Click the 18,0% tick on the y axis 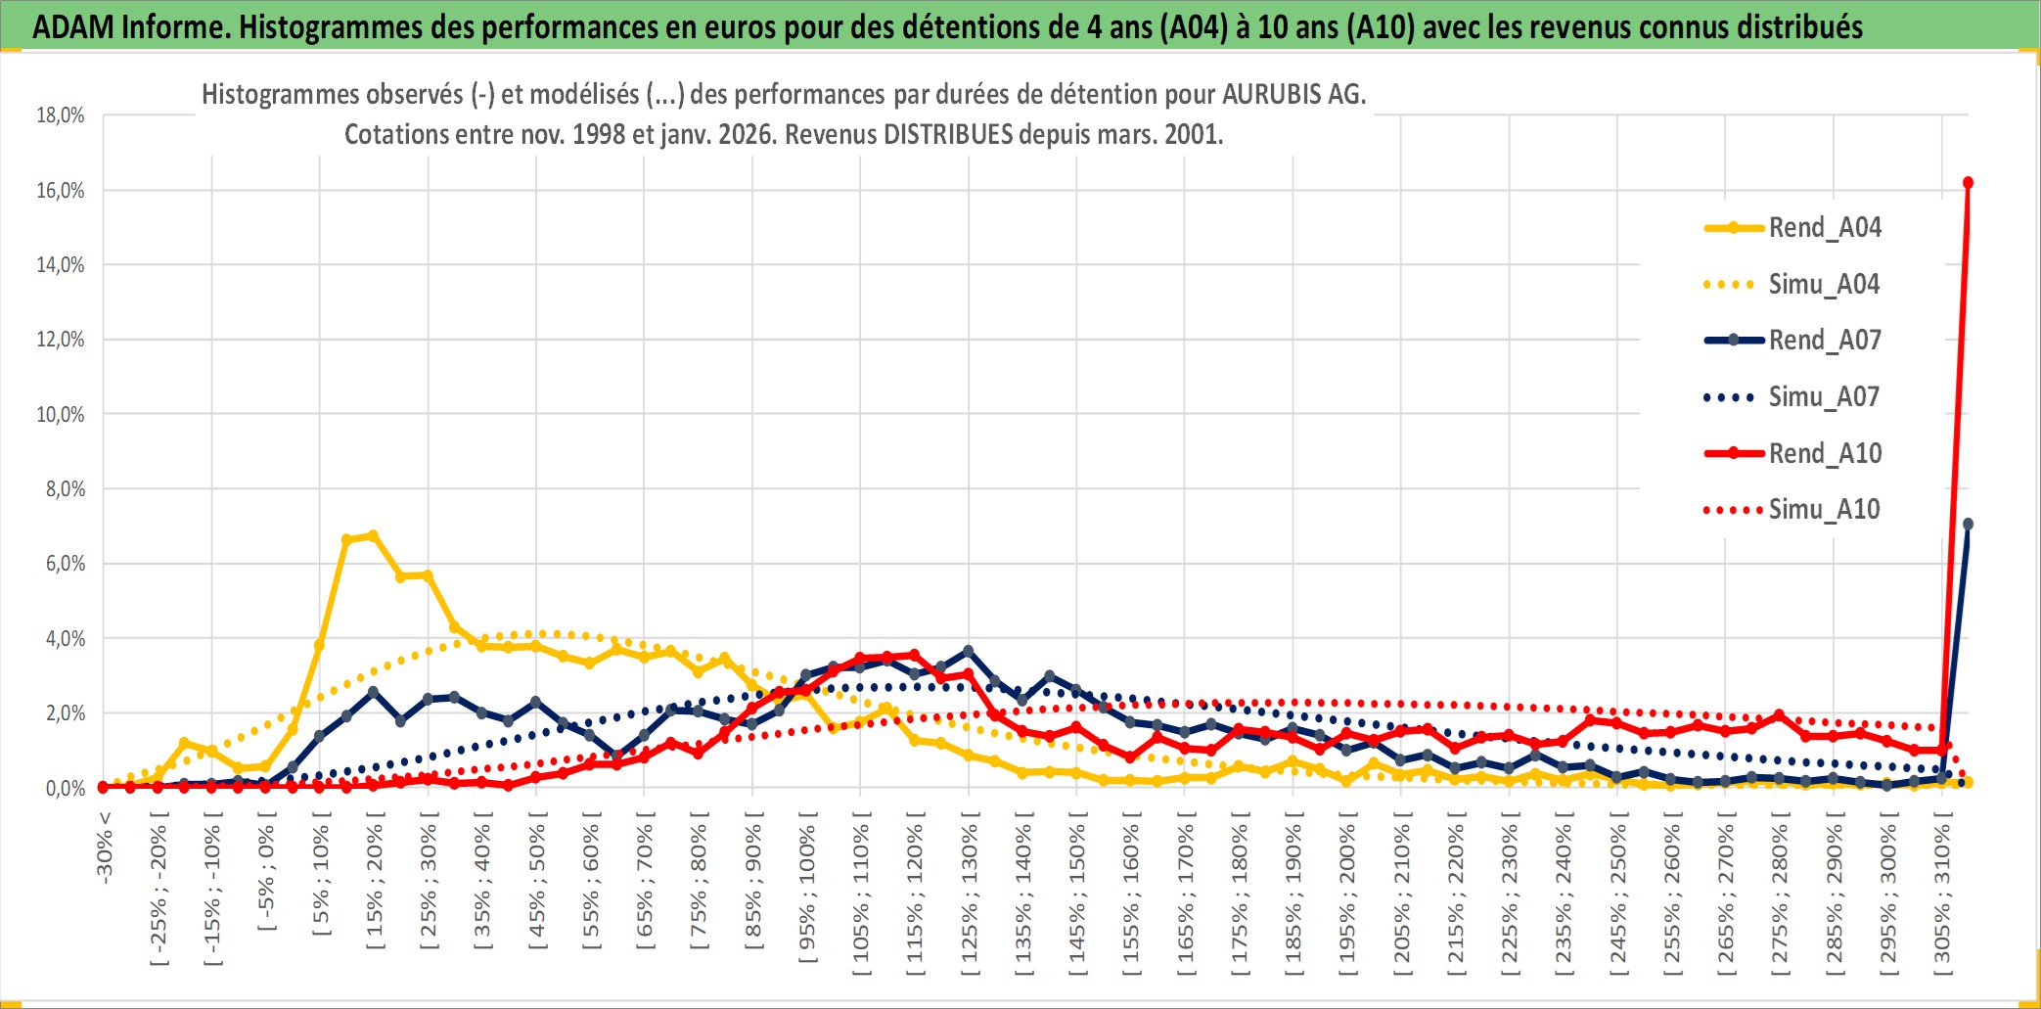click(61, 115)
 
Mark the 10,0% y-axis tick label click(61, 415)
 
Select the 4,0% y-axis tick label click(65, 639)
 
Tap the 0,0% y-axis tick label click(65, 789)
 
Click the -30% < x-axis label click(105, 848)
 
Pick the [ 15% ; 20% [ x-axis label click(375, 886)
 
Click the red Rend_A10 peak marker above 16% click(1968, 183)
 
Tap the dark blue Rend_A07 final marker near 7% click(1968, 525)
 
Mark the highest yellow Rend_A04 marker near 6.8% click(373, 535)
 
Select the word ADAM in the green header click(73, 27)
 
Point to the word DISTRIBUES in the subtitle click(948, 134)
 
